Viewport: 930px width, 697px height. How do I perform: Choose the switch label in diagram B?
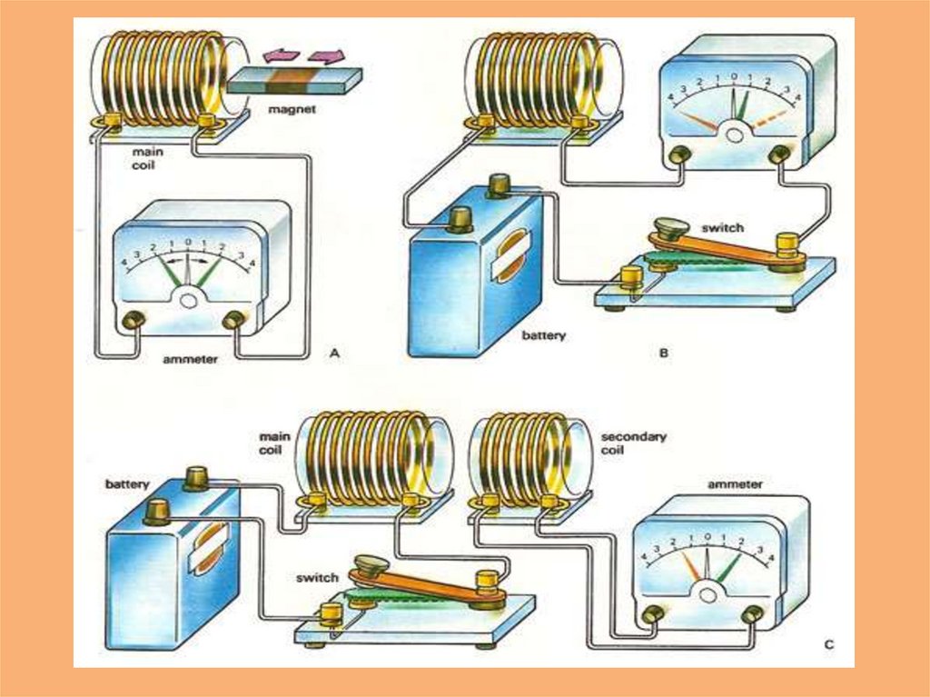[722, 227]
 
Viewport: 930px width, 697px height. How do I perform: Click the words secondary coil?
[633, 443]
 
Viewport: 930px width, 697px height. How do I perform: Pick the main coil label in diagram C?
[272, 443]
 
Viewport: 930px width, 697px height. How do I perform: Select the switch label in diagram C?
[317, 578]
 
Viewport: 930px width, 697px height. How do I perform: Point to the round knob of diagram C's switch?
[371, 564]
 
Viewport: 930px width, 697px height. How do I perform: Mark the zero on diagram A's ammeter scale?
[188, 243]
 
